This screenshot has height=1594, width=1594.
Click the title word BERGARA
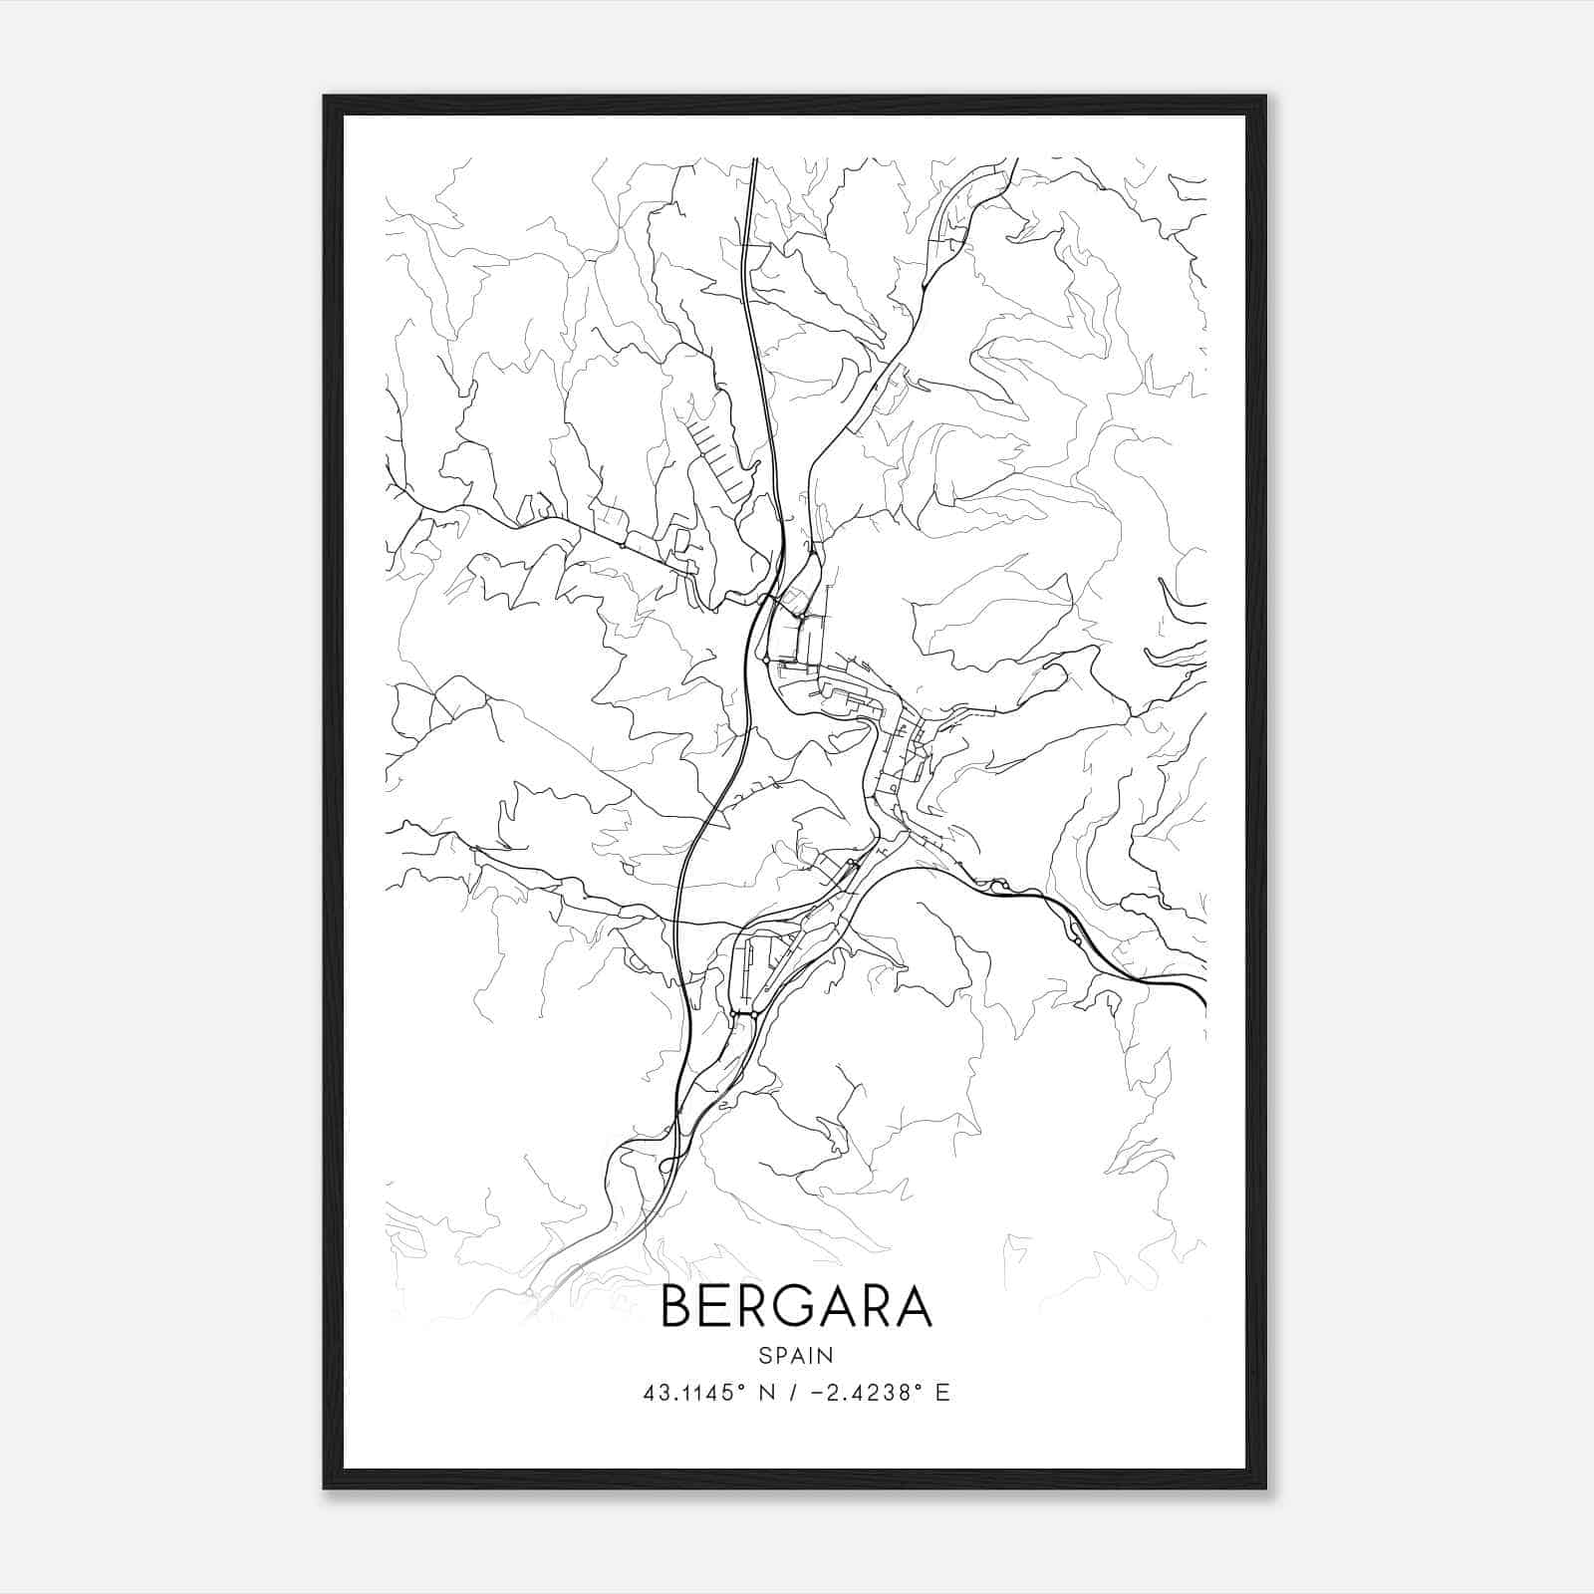[796, 1306]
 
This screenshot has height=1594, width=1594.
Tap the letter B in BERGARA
[676, 1306]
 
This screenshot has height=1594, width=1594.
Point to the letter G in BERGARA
[797, 1306]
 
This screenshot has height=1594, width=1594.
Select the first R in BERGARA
[756, 1306]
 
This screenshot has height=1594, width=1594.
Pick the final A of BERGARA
[915, 1306]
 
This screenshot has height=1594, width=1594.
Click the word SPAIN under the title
[796, 1355]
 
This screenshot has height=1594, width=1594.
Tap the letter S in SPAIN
[764, 1355]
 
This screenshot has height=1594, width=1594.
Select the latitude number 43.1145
[688, 1393]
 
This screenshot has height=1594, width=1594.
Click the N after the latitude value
[766, 1393]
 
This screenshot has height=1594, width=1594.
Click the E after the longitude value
[942, 1393]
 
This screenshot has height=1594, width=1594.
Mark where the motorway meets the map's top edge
[754, 159]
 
